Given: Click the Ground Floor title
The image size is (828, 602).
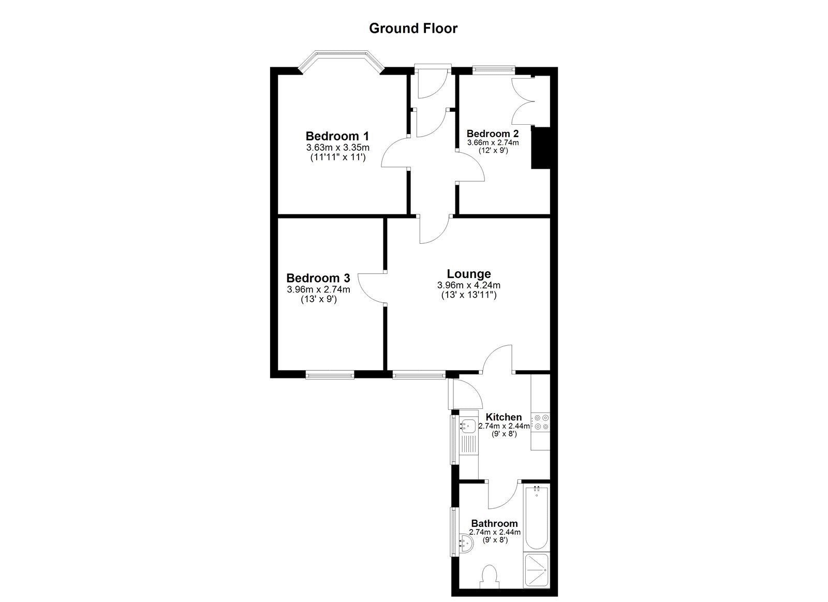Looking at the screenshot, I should coord(413,28).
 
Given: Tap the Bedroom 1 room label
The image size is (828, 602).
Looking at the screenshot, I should coord(337,136).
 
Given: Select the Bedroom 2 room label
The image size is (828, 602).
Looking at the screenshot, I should coord(493,134).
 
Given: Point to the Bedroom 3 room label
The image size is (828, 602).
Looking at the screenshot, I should coord(318,278).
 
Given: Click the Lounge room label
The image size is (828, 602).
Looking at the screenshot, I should coord(469,274).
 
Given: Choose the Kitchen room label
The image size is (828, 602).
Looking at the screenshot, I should coord(504,417).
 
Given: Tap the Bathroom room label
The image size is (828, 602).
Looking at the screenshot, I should coord(494,523).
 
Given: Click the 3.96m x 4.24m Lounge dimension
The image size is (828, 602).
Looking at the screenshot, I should coord(469,285).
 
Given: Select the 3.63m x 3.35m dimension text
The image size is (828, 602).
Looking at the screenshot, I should coord(338,148).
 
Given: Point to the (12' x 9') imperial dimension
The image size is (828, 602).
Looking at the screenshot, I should coord(493,151).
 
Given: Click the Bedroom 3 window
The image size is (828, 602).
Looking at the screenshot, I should coord(329,374).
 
